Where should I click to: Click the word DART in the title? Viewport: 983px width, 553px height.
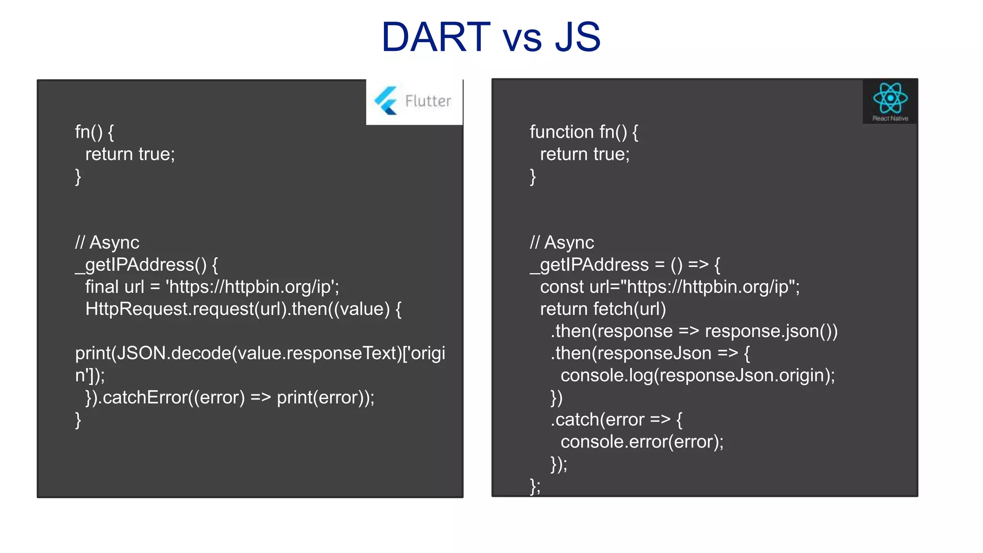[436, 37]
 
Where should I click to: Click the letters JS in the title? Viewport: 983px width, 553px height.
[577, 37]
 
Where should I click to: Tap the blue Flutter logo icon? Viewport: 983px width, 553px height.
[386, 101]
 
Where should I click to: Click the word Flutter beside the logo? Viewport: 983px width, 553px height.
[428, 101]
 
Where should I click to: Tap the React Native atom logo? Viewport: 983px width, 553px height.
[890, 98]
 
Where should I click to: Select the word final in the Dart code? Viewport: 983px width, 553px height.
[102, 287]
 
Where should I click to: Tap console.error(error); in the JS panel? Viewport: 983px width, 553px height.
[642, 442]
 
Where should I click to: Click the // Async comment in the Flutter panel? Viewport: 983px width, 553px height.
[107, 242]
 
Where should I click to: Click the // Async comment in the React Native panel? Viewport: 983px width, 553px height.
[562, 242]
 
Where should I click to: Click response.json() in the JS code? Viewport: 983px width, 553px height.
[771, 331]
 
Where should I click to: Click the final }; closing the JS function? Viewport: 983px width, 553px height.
[535, 486]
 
